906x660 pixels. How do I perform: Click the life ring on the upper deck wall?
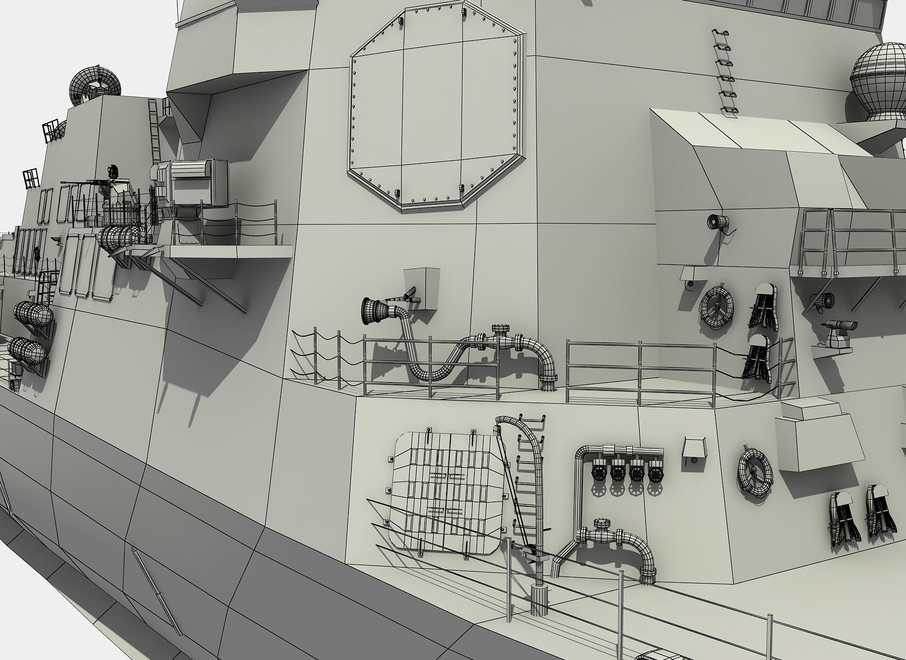(x=716, y=307)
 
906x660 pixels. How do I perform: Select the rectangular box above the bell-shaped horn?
(x=421, y=288)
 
